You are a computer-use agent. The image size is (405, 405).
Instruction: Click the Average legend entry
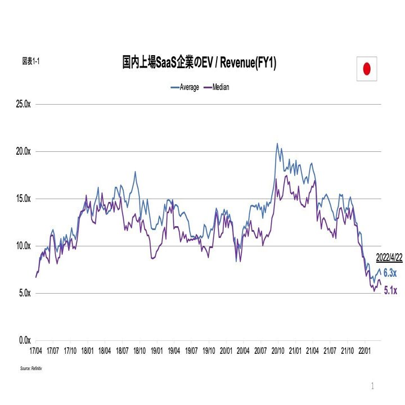pos(185,87)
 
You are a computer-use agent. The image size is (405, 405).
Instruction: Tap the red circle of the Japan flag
pos(366,69)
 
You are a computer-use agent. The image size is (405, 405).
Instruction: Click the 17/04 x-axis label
pos(35,350)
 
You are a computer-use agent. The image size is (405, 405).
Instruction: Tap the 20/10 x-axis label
pos(277,350)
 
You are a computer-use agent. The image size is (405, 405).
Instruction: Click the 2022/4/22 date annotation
pos(389,258)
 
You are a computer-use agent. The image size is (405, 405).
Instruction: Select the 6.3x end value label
pos(390,273)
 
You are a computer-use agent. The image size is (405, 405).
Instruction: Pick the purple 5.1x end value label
pos(390,291)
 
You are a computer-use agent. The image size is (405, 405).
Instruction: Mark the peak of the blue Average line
pos(277,143)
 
